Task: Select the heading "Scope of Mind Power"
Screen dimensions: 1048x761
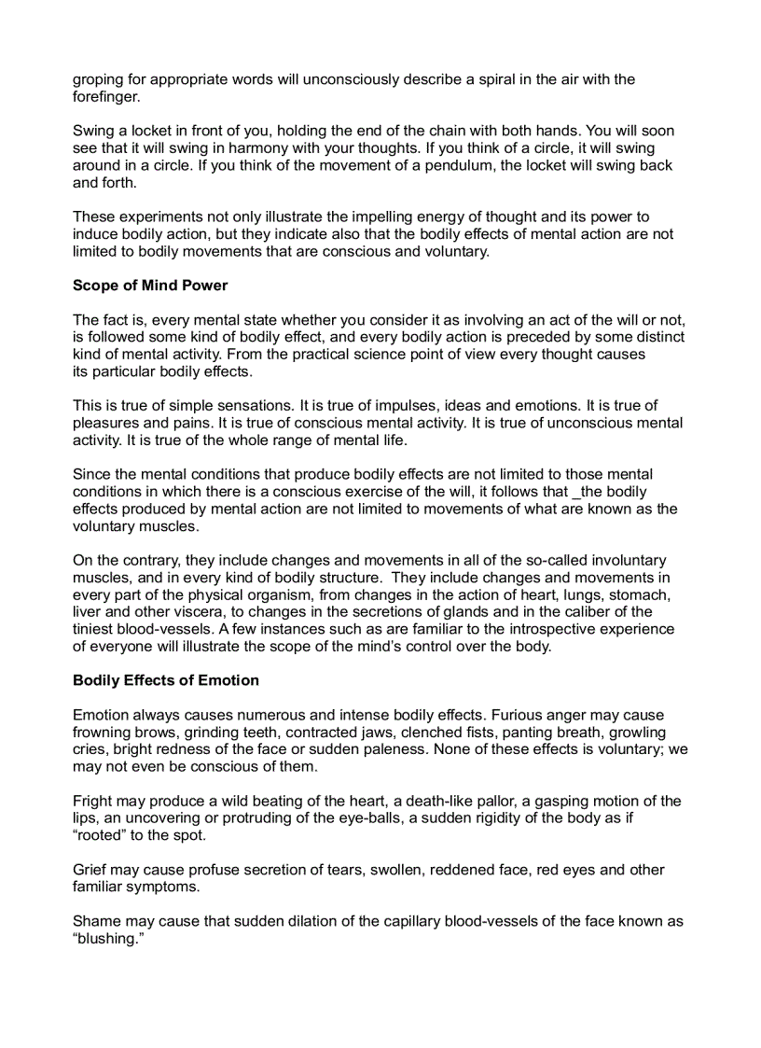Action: (150, 286)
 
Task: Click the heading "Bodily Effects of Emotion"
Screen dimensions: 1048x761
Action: (166, 680)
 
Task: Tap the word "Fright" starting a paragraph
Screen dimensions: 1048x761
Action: (93, 801)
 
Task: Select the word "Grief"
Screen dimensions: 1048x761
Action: (90, 870)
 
